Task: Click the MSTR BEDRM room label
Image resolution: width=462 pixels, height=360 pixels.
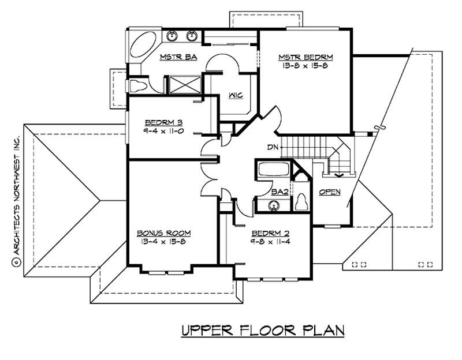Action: pos(305,57)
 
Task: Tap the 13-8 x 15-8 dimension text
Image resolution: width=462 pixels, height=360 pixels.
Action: pos(305,66)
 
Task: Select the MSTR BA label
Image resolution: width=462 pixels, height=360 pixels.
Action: pos(179,57)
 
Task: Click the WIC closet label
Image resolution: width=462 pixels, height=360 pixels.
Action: pos(234,95)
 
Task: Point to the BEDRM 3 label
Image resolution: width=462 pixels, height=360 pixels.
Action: pos(163,122)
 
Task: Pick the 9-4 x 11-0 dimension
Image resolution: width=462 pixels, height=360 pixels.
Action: pos(163,131)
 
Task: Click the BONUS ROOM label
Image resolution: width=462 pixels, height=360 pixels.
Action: pos(163,233)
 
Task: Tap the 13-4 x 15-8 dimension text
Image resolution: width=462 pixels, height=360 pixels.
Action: pos(163,242)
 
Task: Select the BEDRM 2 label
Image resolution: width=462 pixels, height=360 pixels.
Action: pos(270,234)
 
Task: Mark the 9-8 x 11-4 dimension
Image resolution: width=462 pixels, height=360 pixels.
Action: pos(270,242)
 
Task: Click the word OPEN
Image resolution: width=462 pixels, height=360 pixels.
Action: pos(329,192)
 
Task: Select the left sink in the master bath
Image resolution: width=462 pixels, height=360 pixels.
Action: pos(172,36)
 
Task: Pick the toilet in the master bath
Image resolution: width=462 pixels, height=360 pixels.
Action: pos(139,86)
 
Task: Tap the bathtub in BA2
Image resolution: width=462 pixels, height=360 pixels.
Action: pos(273,170)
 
